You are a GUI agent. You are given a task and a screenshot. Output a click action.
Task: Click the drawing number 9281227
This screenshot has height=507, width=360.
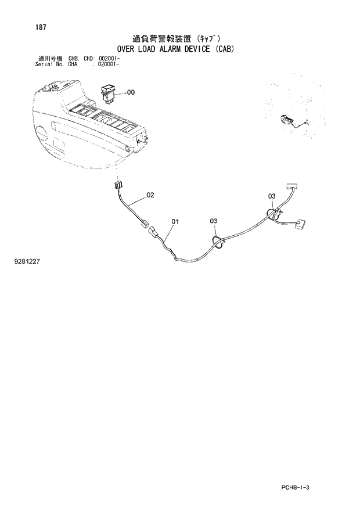pyautogui.click(x=27, y=262)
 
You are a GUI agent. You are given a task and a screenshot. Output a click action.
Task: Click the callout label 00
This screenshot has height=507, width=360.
pyautogui.click(x=131, y=92)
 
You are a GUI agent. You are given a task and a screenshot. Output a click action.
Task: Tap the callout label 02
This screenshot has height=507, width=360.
pyautogui.click(x=150, y=195)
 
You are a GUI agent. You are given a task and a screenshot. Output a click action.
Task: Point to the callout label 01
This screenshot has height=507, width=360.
pyautogui.click(x=175, y=221)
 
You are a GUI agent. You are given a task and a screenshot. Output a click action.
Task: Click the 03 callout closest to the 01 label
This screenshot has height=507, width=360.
pyautogui.click(x=214, y=221)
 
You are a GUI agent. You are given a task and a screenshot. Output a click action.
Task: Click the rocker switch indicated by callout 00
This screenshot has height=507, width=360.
pyautogui.click(x=109, y=92)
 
